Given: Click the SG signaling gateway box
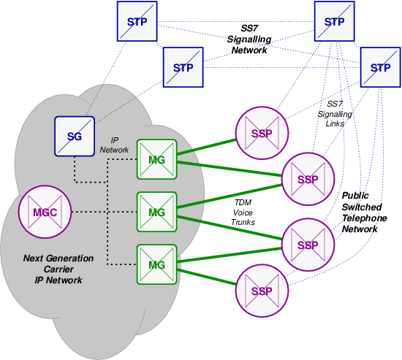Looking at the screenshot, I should (75, 137).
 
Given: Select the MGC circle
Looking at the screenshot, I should (42, 212).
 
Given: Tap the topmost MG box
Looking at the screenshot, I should (157, 160).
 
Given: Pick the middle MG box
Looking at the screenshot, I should (157, 212).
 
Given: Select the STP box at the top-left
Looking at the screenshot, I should (137, 21).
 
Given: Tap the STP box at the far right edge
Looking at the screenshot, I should (380, 68).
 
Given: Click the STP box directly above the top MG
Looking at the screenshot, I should (183, 68).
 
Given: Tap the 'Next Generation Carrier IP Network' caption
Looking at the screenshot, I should (58, 269).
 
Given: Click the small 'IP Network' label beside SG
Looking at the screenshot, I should (114, 144).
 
